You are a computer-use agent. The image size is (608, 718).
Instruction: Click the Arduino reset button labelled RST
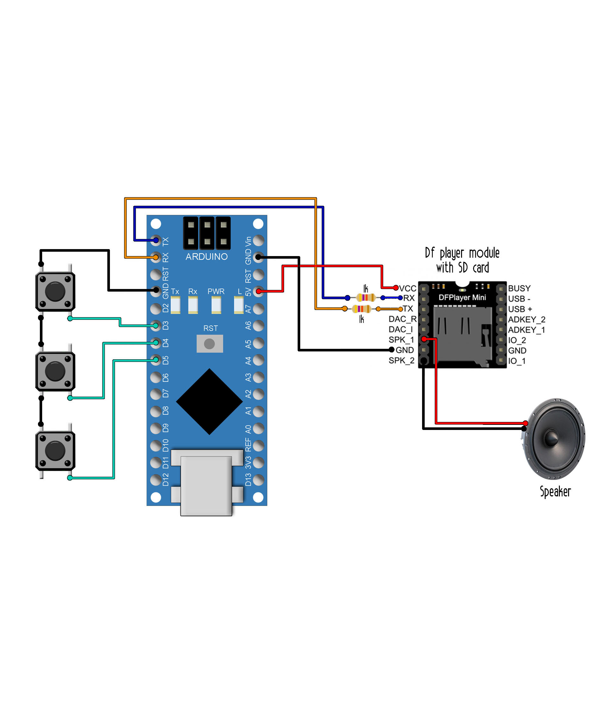point(210,343)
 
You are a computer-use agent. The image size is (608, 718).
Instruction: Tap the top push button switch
point(55,292)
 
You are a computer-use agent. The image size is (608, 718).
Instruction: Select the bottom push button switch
point(55,450)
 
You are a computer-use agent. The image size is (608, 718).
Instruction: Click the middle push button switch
point(55,371)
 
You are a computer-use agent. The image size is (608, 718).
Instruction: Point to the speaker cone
point(554,439)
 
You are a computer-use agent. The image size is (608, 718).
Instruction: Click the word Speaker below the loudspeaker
point(555,491)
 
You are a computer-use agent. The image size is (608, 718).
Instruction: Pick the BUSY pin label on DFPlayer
point(519,288)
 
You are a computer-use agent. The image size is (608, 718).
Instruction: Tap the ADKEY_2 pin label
point(526,319)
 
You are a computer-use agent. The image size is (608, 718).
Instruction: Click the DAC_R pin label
point(402,319)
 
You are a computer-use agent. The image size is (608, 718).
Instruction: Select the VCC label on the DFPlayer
point(408,288)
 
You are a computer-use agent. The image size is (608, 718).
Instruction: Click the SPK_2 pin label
point(401,360)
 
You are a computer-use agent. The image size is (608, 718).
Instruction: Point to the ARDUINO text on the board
point(206,257)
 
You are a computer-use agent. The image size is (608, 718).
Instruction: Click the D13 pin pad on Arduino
point(258,480)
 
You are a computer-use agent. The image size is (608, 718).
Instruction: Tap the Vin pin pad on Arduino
point(258,240)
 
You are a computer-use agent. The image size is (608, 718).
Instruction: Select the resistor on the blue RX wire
point(365,297)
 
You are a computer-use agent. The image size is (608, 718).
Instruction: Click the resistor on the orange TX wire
point(361,309)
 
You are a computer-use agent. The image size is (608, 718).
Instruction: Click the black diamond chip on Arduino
point(209,402)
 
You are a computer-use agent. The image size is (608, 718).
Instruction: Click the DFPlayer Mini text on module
point(462,297)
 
